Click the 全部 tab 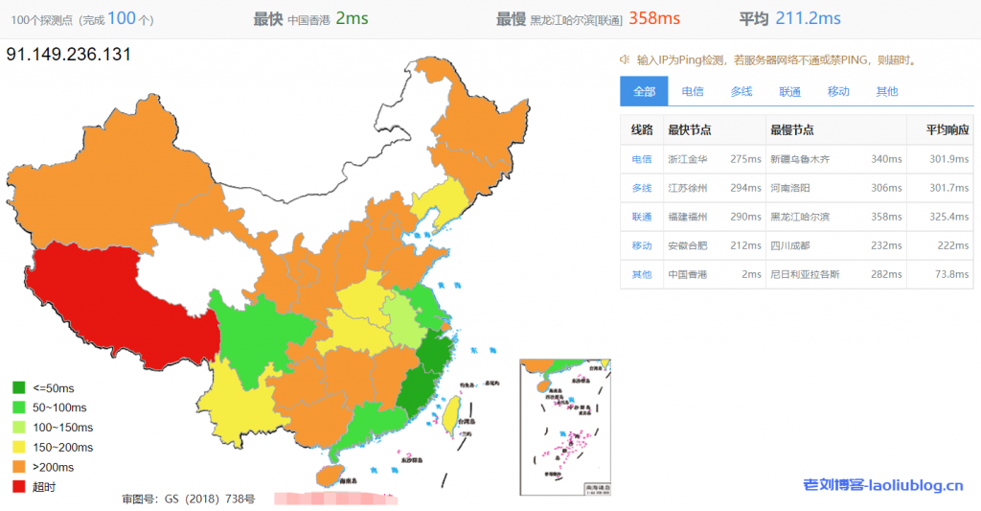(x=644, y=91)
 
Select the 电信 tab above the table (x=692, y=91)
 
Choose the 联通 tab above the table (x=789, y=91)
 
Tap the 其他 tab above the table (x=887, y=91)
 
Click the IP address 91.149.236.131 (x=68, y=55)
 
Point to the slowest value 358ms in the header (x=654, y=18)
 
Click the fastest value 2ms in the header (x=352, y=18)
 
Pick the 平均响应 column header (x=947, y=130)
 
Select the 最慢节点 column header (x=791, y=130)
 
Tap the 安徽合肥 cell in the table (x=688, y=245)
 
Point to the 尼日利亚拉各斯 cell (x=805, y=274)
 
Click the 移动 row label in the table (x=641, y=245)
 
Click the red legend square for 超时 (x=19, y=487)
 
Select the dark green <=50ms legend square (x=19, y=387)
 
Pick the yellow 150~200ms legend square (x=19, y=447)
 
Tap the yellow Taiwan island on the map (x=447, y=412)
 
